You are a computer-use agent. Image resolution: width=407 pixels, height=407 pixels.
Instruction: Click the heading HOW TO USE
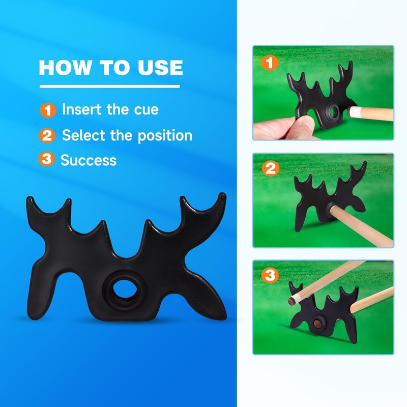coord(110,68)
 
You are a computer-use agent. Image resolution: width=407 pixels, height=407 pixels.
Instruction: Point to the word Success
coord(89,160)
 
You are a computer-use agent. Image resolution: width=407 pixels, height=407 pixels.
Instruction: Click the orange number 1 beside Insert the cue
coord(47,110)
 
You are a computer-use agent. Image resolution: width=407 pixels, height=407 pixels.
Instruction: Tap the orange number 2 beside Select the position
coord(47,136)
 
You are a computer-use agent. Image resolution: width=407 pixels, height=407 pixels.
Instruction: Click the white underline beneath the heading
coord(109,86)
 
